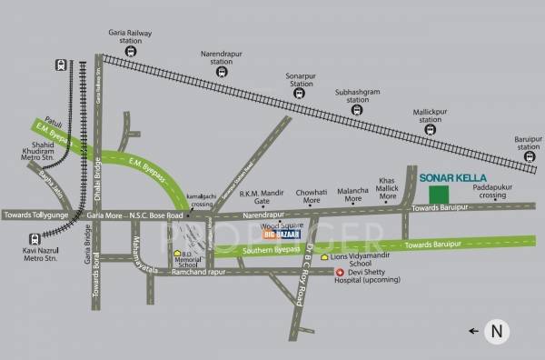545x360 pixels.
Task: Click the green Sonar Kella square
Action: (440, 195)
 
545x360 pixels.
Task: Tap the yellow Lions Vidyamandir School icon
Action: (324, 257)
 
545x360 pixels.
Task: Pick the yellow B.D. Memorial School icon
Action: (177, 254)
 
